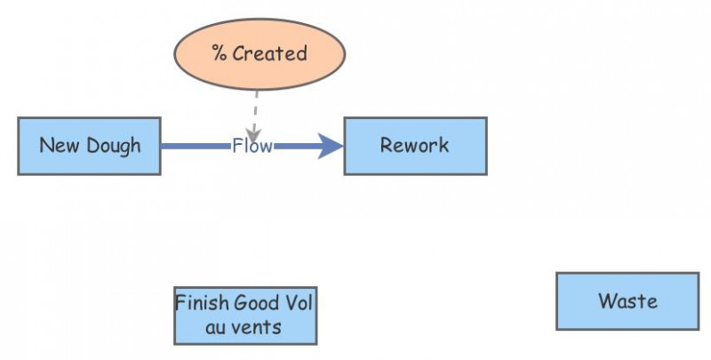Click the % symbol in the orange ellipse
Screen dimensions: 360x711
pos(220,53)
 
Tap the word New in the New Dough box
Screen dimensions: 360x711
pos(58,146)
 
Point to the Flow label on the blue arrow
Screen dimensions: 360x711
pos(252,146)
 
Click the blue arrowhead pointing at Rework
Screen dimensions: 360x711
pos(332,146)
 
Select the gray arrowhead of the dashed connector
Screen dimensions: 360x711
pos(253,133)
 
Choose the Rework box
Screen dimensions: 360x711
pos(415,146)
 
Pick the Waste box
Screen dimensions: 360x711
pos(627,301)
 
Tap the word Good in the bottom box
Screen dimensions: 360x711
pos(259,302)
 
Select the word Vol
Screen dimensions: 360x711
pos(299,302)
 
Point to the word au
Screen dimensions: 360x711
pos(215,327)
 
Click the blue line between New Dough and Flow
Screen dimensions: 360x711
pos(196,146)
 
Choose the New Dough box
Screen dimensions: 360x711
pos(89,146)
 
